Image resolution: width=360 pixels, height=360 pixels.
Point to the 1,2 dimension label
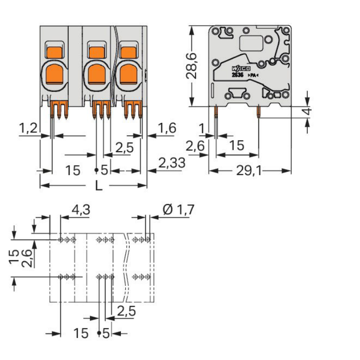pyautogui.click(x=28, y=128)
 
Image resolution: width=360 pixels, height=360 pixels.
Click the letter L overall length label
pyautogui.click(x=98, y=185)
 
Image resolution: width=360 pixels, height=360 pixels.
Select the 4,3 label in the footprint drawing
pyautogui.click(x=80, y=209)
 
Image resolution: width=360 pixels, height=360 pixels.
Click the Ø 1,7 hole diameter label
pyautogui.click(x=178, y=209)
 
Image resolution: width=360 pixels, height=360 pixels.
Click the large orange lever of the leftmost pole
pyautogui.click(x=56, y=73)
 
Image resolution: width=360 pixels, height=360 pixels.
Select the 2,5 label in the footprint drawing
pyautogui.click(x=125, y=311)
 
